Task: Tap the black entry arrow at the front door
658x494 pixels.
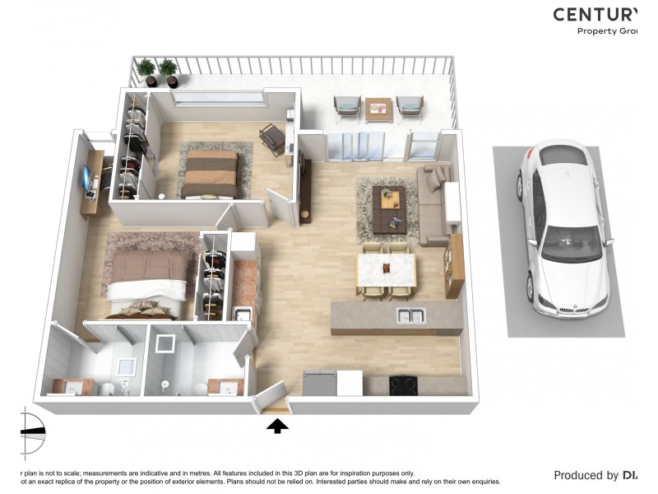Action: click(278, 426)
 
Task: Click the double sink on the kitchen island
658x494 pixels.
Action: click(410, 315)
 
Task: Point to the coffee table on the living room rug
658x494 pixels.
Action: click(388, 207)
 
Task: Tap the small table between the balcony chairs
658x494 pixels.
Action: click(378, 108)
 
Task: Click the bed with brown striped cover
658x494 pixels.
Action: click(210, 174)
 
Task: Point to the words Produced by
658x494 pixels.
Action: click(586, 475)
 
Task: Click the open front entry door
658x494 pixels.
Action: click(269, 398)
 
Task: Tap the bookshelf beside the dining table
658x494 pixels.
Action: click(455, 265)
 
